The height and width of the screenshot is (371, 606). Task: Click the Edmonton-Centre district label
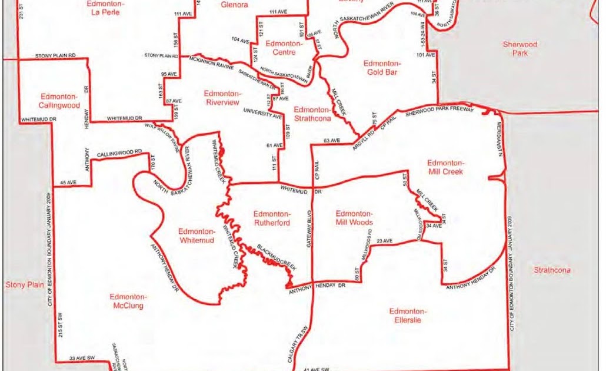[x=284, y=48]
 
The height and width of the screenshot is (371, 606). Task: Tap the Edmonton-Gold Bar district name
[x=382, y=68]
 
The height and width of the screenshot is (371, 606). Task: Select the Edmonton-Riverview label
[x=223, y=98]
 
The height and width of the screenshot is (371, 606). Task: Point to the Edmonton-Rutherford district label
[x=271, y=218]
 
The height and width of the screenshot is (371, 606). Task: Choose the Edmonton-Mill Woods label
[x=354, y=218]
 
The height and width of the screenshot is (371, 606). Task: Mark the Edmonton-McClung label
[x=126, y=301]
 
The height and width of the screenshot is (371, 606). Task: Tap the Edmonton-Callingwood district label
[x=59, y=101]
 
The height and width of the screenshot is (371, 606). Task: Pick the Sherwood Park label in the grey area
[x=520, y=49]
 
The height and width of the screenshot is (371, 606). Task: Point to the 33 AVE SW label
[x=82, y=358]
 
